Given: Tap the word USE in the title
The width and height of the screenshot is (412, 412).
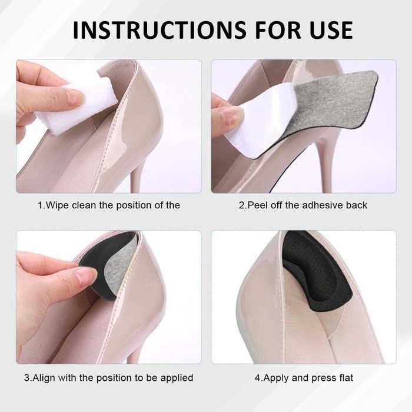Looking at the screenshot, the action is click(x=331, y=30).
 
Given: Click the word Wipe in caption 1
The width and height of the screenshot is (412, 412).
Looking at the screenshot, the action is click(x=57, y=205).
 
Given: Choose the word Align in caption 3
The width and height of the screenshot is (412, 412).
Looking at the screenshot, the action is click(x=44, y=378).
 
